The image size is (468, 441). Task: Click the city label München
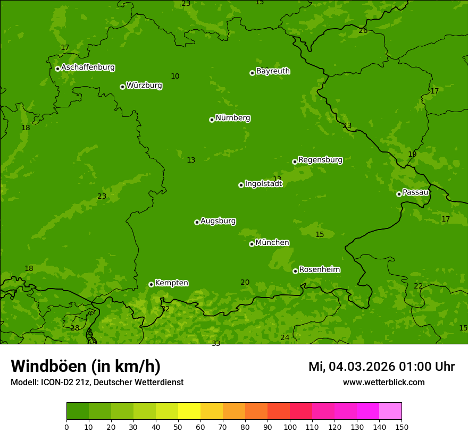(x=272, y=243)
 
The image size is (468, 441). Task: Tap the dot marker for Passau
(x=399, y=194)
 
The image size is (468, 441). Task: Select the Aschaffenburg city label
(x=88, y=67)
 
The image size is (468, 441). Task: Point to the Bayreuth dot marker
(x=252, y=73)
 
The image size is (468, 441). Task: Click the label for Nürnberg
(x=233, y=118)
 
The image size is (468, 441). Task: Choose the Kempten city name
(x=171, y=283)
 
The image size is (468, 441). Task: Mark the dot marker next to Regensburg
(x=295, y=162)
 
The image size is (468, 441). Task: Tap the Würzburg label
(x=144, y=86)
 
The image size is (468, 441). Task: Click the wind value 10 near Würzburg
(x=175, y=77)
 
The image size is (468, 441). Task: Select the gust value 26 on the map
(x=363, y=31)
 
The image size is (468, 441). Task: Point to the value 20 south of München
(x=245, y=283)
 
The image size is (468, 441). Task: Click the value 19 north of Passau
(x=412, y=155)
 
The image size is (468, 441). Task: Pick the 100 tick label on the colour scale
(x=290, y=427)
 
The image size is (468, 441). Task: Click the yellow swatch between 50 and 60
(x=189, y=411)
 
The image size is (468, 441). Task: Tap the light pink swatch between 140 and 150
(x=390, y=411)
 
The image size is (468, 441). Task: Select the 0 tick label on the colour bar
(x=66, y=427)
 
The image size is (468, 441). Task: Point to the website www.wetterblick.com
(x=383, y=383)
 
